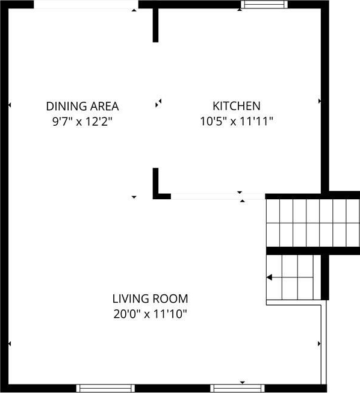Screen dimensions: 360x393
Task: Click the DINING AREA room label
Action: pos(82,107)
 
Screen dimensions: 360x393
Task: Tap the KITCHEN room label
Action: pos(237,106)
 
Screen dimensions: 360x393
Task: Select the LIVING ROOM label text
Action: pos(150,299)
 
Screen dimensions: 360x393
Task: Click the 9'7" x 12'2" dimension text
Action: pos(82,122)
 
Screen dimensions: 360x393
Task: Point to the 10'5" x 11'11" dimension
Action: pos(236,122)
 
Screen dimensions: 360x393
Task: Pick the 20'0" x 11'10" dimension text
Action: pos(150,314)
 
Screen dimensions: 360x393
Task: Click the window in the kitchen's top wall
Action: pos(264,4)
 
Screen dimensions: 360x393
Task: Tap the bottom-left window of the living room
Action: pos(105,388)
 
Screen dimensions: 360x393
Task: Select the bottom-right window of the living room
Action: pos(237,388)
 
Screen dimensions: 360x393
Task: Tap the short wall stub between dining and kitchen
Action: pos(155,25)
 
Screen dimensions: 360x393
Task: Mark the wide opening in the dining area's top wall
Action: pos(86,4)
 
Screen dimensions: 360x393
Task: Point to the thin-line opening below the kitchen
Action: pos(218,196)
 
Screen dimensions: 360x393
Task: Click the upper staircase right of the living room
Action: pos(313,223)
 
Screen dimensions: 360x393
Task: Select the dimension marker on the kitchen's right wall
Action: pos(320,101)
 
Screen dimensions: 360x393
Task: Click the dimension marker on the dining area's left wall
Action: pos(10,105)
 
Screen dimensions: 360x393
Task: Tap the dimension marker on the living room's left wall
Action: pos(10,344)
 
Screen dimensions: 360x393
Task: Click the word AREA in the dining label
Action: pos(104,107)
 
